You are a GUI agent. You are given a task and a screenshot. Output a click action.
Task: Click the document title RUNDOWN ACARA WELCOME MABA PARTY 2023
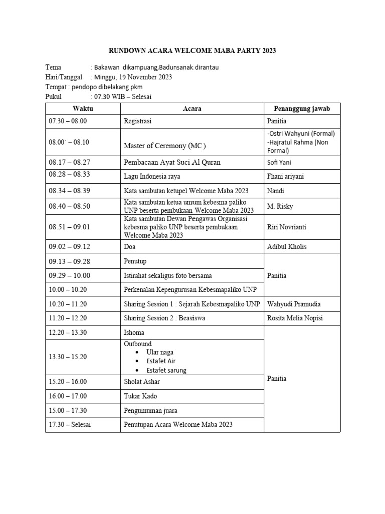coord(192,51)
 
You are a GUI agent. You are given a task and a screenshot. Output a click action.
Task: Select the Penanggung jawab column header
coord(302,109)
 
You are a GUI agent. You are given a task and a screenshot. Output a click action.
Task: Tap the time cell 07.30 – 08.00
coord(68,121)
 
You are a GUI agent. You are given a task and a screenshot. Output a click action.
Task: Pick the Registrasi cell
coord(138,121)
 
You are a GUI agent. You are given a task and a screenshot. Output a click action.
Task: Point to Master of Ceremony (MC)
coord(165,146)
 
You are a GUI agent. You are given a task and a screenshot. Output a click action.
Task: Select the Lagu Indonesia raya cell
coord(152,176)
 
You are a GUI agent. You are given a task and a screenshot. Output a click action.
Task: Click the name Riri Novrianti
coord(286,227)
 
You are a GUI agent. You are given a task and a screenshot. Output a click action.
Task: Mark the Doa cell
coord(130,247)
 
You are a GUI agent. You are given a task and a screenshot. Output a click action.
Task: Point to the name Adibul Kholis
coord(287,247)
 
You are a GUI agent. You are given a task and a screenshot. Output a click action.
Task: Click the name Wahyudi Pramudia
coord(294,304)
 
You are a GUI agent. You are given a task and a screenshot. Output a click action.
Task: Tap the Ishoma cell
coord(134,332)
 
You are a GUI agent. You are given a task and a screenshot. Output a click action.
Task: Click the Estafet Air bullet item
coord(160,361)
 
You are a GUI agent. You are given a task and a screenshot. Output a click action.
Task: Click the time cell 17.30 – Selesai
coord(70,425)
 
